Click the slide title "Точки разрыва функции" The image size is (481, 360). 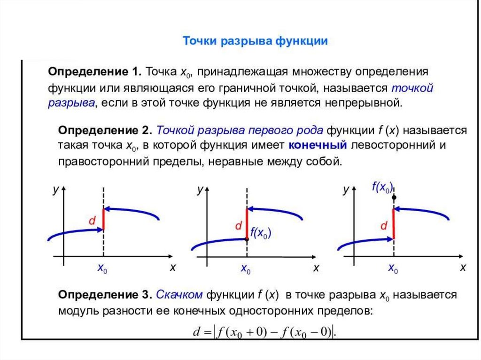(x=255, y=41)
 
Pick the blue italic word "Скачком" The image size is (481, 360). (x=179, y=295)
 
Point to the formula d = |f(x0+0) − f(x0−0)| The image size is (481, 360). (x=265, y=332)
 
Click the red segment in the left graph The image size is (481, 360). (x=104, y=218)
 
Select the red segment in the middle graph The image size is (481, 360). (x=247, y=223)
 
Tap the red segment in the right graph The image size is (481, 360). (x=394, y=223)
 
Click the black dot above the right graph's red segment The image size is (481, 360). (x=394, y=198)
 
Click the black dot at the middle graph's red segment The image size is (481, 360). (x=247, y=239)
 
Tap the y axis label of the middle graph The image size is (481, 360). (x=199, y=190)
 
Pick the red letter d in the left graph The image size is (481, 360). (x=93, y=221)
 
